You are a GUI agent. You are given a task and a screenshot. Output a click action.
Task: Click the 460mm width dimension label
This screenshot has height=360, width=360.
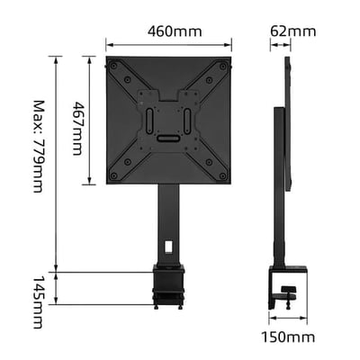coord(174,31)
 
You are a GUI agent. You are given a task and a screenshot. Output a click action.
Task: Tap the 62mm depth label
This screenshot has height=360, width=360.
coord(293,31)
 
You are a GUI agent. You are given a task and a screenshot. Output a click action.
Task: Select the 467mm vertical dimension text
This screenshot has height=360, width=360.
coord(77,121)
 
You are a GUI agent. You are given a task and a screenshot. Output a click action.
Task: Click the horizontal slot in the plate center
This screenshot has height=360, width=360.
coord(167,139)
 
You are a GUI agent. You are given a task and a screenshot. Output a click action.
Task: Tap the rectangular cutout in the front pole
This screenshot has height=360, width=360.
coord(168,244)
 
